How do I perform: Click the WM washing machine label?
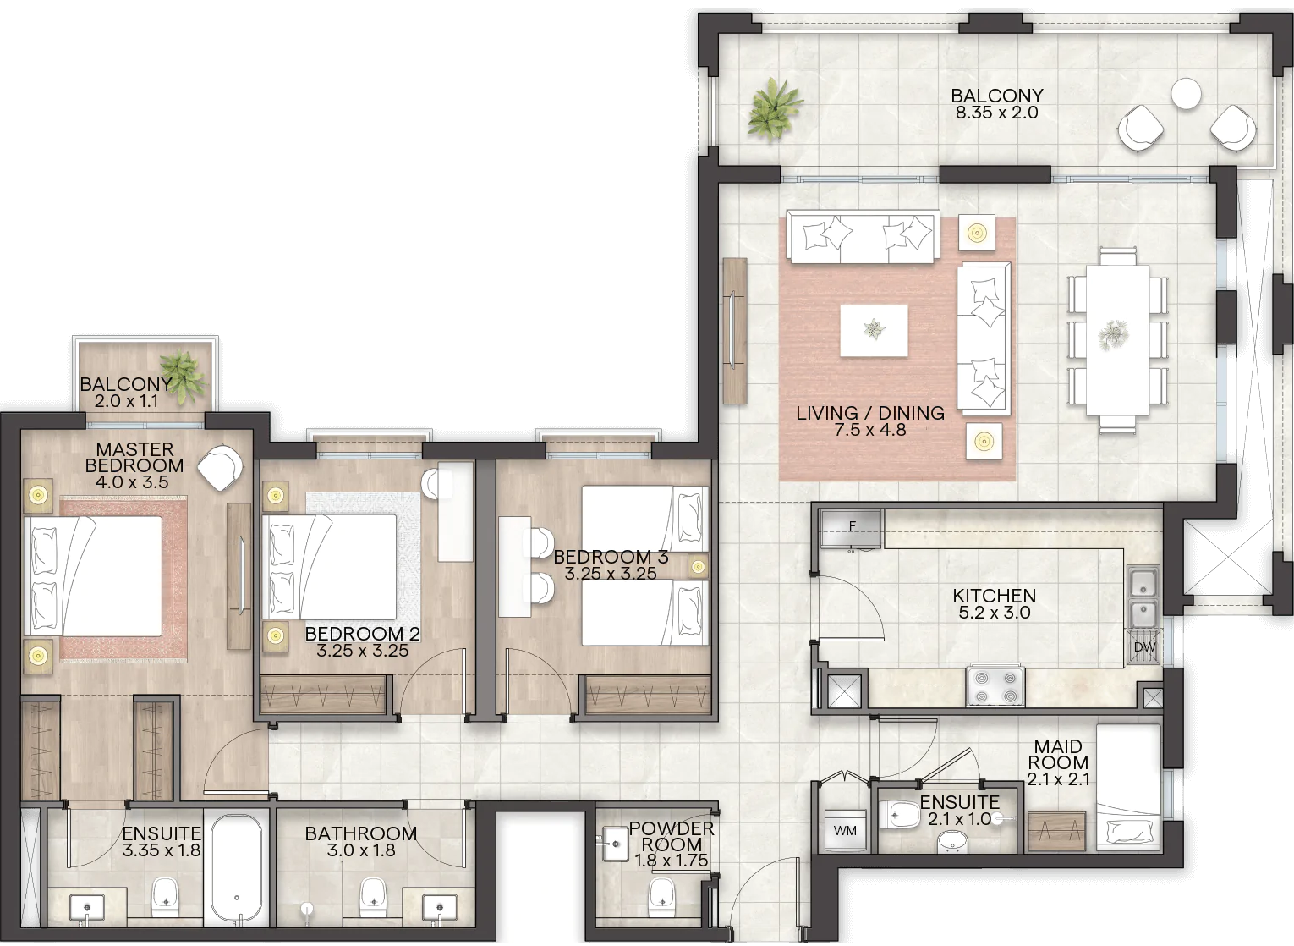845,831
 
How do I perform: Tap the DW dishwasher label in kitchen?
1144,647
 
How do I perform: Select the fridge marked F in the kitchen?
852,528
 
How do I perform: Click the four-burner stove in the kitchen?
995,686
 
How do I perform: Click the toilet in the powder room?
661,895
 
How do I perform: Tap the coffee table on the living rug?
874,331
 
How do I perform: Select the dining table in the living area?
1117,340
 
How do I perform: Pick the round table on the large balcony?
1186,93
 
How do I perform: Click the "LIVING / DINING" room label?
870,413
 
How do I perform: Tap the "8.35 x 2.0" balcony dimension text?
997,112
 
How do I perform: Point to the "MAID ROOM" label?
1058,754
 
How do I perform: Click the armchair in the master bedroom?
220,468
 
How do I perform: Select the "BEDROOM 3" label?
611,557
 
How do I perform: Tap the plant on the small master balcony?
184,376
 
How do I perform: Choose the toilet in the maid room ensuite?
899,816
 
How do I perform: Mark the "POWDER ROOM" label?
672,836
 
